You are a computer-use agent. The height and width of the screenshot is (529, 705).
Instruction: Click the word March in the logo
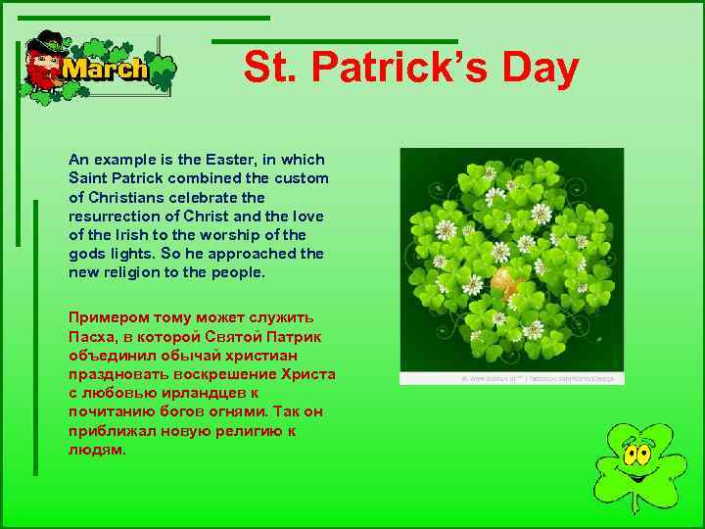105,70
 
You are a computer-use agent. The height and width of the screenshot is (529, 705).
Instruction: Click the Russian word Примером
104,316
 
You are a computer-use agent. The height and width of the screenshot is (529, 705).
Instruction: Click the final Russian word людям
97,449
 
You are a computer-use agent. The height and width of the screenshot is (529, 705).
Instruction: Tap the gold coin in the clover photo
503,281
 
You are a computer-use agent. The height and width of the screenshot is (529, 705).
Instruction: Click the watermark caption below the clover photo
537,377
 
